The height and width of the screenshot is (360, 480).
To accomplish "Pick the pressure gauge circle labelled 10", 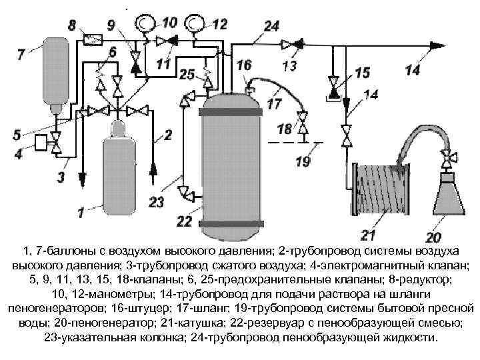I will tap(143, 24).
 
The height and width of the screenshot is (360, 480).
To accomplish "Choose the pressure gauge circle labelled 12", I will tap(195, 24).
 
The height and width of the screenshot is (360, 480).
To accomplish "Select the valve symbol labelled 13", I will tap(288, 45).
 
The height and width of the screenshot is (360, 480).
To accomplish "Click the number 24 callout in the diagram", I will tap(271, 26).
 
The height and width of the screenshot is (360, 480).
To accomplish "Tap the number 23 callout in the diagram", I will tap(156, 202).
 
